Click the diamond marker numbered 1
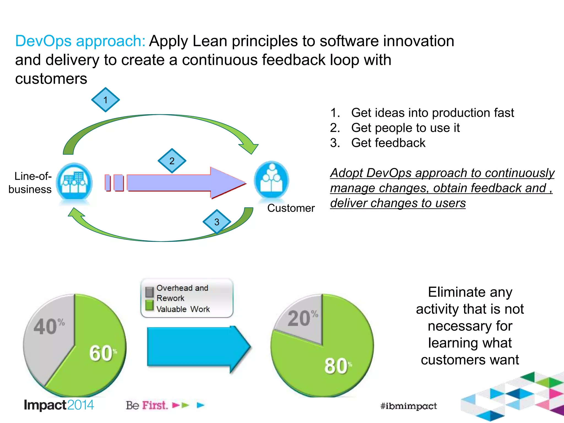click(105, 100)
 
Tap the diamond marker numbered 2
click(172, 161)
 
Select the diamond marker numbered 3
click(217, 222)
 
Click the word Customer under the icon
click(291, 208)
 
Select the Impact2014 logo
click(59, 405)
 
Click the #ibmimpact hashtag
click(408, 406)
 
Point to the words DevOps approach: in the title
click(80, 41)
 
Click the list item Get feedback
click(388, 143)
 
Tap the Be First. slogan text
click(147, 405)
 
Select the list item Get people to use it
click(405, 128)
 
